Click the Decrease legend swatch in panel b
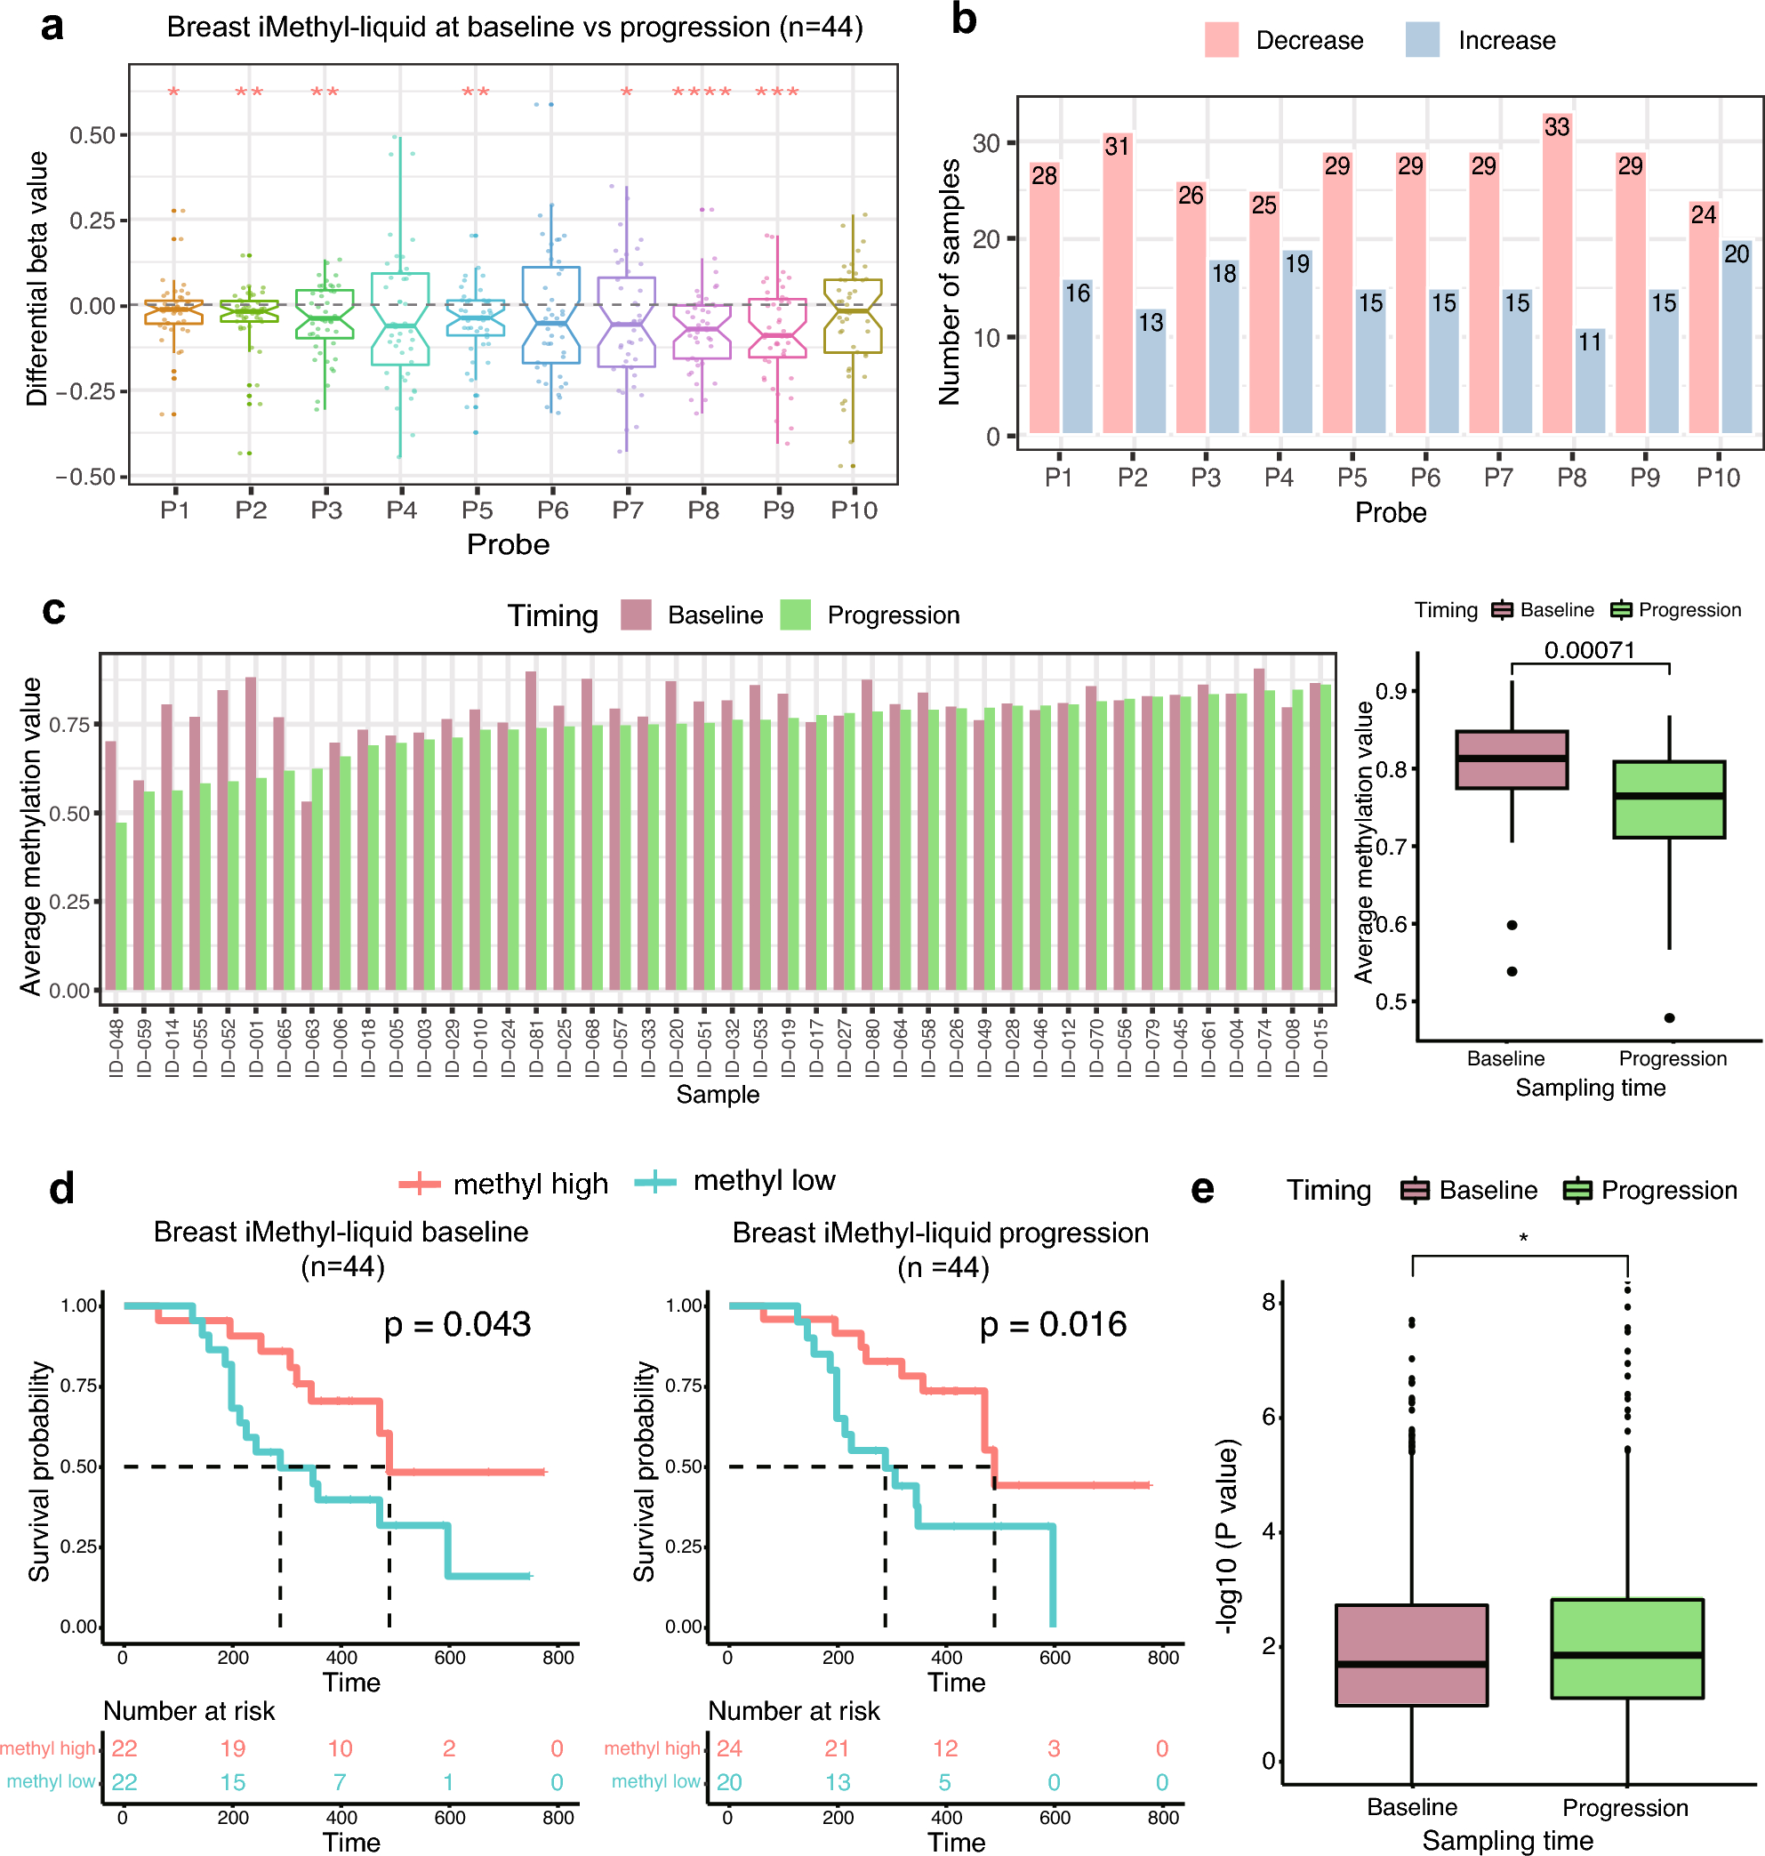pyautogui.click(x=1221, y=41)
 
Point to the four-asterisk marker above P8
pyautogui.click(x=702, y=92)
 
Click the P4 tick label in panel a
pyautogui.click(x=402, y=510)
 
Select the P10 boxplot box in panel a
pyautogui.click(x=853, y=317)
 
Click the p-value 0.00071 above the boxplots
pyautogui.click(x=1589, y=649)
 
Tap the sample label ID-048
pyautogui.click(x=116, y=1048)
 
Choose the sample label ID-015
pyautogui.click(x=1320, y=1048)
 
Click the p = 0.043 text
pyautogui.click(x=457, y=1324)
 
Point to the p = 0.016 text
pyautogui.click(x=1053, y=1324)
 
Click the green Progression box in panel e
pyautogui.click(x=1626, y=1647)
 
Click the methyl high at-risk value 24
pyautogui.click(x=729, y=1748)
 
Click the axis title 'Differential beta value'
pyautogui.click(x=36, y=278)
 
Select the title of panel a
pyautogui.click(x=515, y=28)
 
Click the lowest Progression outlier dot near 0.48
pyautogui.click(x=1669, y=1017)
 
